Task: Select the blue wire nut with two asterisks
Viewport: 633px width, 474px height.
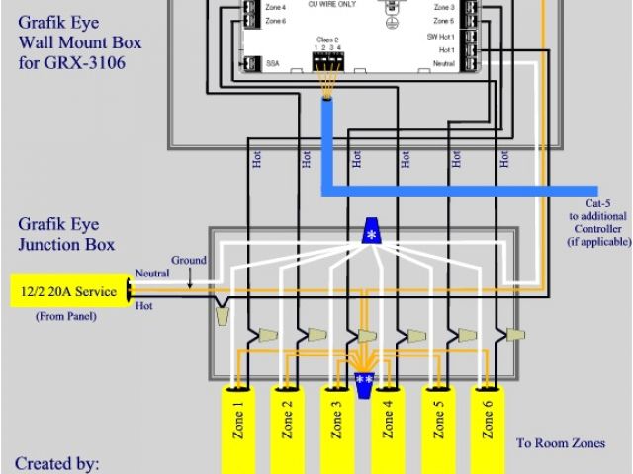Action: tap(364, 381)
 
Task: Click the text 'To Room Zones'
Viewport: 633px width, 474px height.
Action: tap(561, 443)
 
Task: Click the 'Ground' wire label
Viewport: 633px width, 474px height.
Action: tap(190, 261)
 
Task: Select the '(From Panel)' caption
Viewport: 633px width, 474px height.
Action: tap(66, 317)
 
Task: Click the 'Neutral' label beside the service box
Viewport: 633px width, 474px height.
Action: tap(151, 273)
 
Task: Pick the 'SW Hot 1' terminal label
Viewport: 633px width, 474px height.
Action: tap(441, 35)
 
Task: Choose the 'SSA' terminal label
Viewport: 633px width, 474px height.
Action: tap(271, 62)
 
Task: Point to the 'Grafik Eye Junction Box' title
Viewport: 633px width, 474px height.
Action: tap(64, 234)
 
